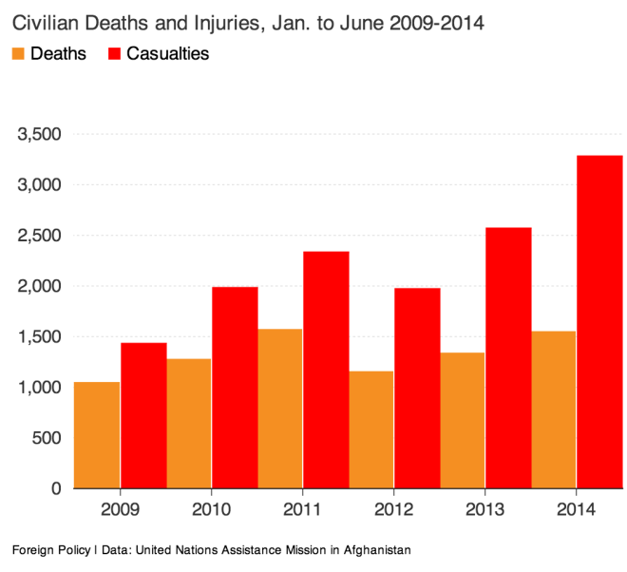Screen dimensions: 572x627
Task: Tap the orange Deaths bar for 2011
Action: coord(279,409)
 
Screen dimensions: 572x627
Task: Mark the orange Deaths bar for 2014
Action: coord(553,410)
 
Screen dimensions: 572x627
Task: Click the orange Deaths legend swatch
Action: coord(18,54)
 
